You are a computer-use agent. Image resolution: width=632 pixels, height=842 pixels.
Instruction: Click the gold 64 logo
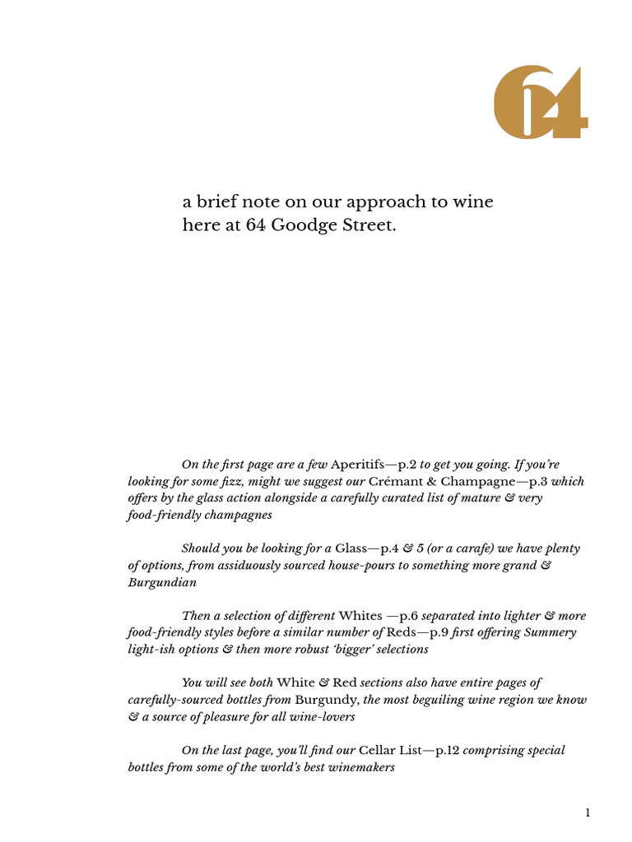[x=540, y=102]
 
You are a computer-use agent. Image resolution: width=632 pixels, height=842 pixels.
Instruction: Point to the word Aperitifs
[x=357, y=465]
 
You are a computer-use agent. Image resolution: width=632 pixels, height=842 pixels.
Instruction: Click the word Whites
[x=360, y=616]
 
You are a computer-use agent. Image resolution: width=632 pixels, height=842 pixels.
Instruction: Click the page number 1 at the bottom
[x=588, y=813]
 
